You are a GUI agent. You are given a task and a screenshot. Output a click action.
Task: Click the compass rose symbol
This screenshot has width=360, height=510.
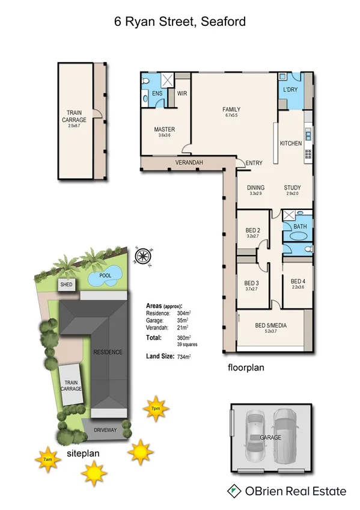(x=142, y=256)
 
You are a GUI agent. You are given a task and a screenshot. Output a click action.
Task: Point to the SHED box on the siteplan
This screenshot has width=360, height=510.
(x=66, y=284)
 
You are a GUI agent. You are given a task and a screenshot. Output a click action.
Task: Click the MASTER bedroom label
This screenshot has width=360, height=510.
(x=164, y=129)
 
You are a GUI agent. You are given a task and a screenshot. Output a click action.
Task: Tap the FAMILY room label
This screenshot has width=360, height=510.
(x=231, y=109)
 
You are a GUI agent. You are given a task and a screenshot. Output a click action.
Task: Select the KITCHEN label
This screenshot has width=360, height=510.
(x=291, y=143)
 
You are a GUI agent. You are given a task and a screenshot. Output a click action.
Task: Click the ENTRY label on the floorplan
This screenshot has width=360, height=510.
(x=254, y=163)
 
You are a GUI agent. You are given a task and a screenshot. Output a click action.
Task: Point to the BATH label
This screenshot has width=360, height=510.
(x=300, y=226)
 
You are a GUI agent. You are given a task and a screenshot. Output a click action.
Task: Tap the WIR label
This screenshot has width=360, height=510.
(x=183, y=94)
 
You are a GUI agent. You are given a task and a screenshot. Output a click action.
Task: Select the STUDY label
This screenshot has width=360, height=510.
(x=293, y=188)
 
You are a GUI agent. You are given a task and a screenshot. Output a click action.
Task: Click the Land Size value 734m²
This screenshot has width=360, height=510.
(x=183, y=357)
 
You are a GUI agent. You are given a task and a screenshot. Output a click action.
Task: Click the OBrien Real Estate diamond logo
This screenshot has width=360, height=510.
(x=232, y=491)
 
